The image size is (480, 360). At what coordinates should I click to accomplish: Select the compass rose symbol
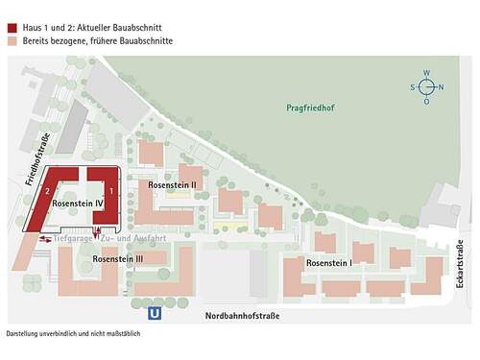[x=427, y=87]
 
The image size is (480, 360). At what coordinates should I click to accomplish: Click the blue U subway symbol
[x=155, y=313]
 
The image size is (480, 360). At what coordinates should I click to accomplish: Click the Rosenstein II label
[x=173, y=183]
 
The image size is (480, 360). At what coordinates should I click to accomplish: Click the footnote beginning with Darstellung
[x=73, y=334]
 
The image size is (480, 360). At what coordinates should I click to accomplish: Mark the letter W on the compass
[x=427, y=73]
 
